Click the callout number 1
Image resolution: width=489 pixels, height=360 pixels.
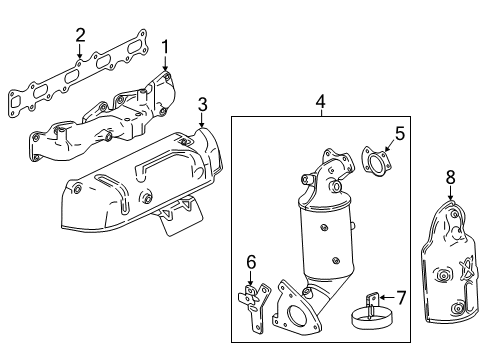coord(166,45)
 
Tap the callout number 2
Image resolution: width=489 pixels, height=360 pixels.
coord(80,36)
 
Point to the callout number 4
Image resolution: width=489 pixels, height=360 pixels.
coord(320,101)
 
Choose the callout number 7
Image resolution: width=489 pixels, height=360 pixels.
coord(401,297)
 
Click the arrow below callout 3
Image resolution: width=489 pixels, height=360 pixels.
coord(202,120)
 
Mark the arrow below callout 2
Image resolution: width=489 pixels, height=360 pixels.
coord(80,52)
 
